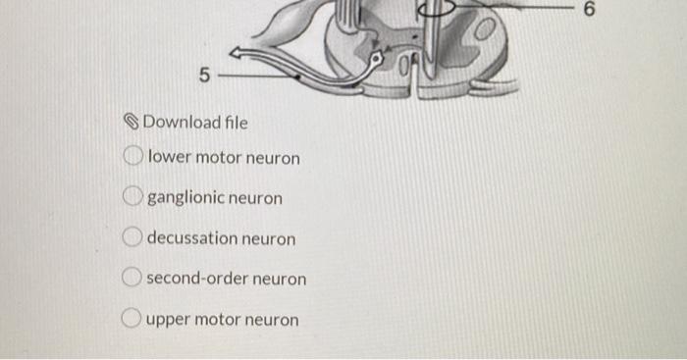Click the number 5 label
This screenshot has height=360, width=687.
[204, 74]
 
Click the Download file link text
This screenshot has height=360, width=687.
[195, 123]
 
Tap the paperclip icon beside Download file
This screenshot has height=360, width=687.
[134, 123]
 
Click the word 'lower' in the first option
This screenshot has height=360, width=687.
[169, 157]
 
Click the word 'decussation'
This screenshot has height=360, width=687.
[192, 238]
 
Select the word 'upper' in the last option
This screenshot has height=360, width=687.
[170, 320]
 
